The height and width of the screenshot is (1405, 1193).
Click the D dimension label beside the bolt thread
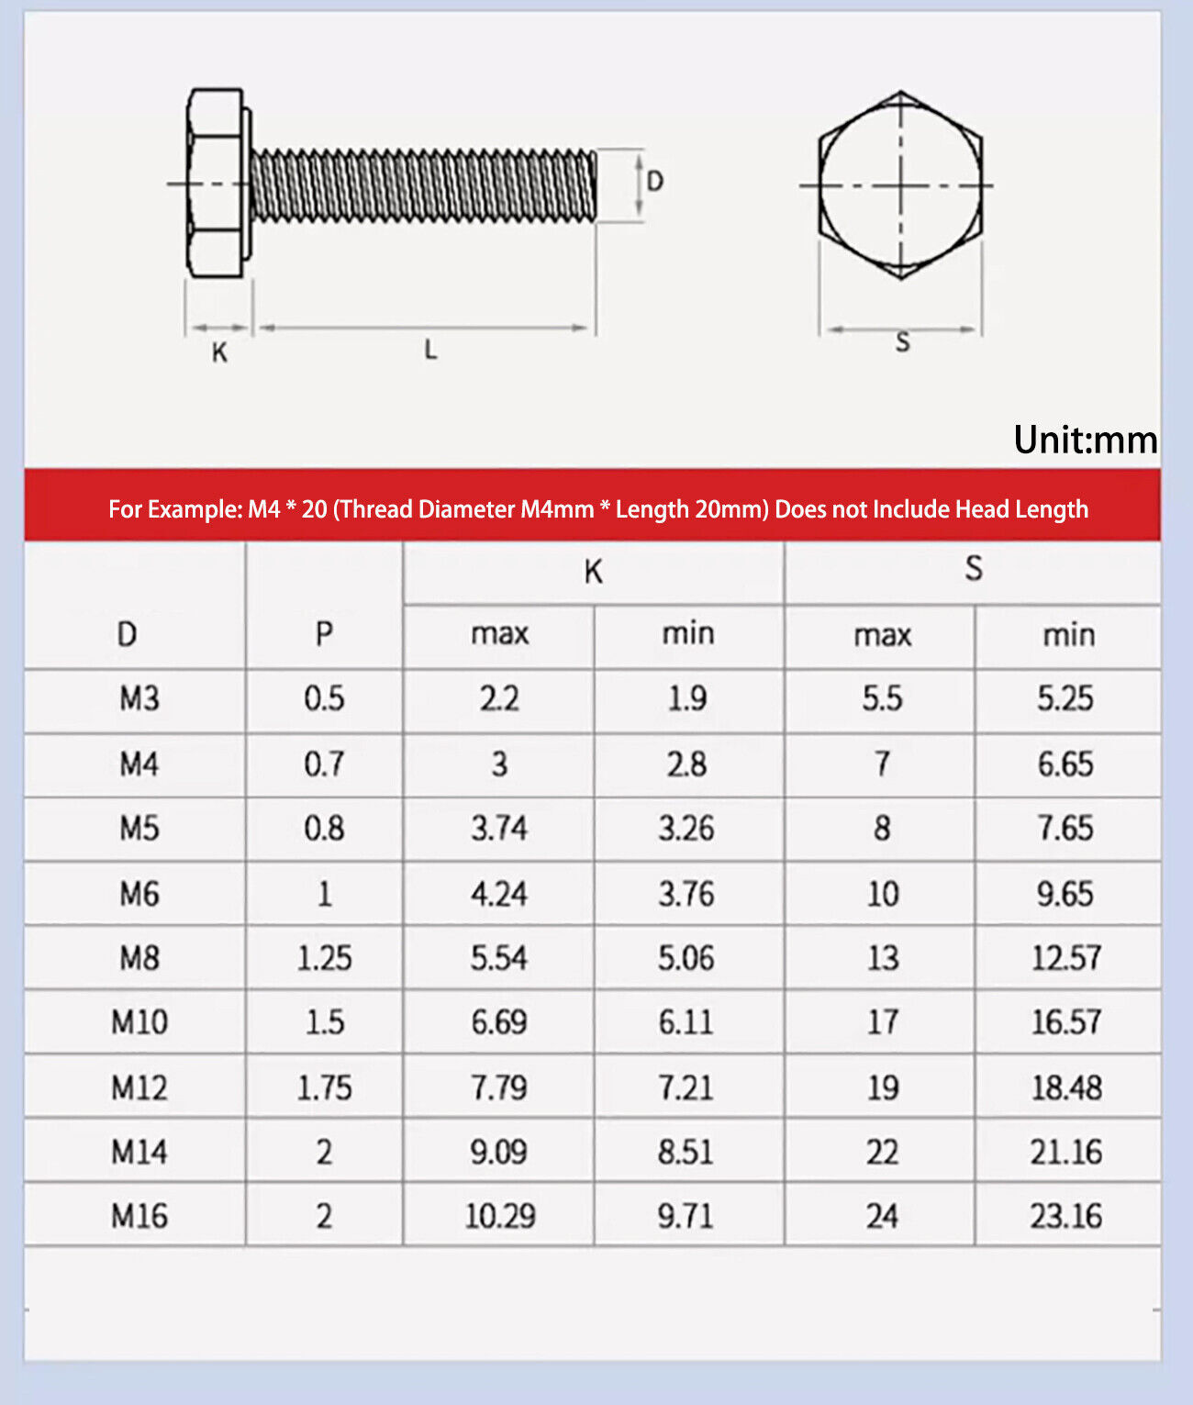pos(654,181)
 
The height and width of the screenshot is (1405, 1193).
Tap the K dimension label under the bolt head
pos(219,352)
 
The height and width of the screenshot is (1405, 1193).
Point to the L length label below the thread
pos(430,350)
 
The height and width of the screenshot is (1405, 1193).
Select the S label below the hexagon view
pos(902,342)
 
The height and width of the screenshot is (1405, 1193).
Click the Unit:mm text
pos(1085,439)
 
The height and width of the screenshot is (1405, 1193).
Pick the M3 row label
pos(139,698)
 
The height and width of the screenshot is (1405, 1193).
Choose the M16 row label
pos(139,1215)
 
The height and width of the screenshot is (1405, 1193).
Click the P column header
pos(324,633)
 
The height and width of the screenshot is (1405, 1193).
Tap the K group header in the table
pos(594,572)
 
